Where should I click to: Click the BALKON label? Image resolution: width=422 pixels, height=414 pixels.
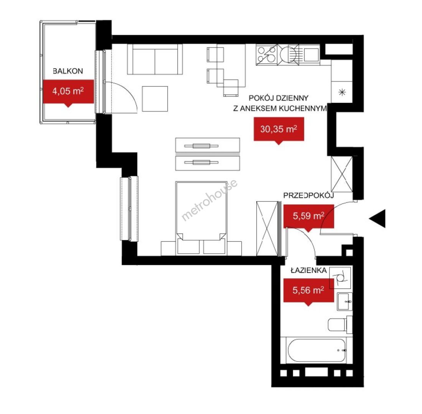68,71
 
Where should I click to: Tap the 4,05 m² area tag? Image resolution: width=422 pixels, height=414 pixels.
68,92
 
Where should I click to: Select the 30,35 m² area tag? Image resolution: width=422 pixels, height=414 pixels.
279,130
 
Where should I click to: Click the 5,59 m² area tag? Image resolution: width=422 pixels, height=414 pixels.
309,216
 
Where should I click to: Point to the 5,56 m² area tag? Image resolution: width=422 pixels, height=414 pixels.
309,291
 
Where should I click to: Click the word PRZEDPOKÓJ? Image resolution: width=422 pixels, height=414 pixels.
309,195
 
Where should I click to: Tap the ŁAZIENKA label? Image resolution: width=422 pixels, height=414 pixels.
309,270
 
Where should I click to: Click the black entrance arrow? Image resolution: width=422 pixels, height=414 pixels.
377,219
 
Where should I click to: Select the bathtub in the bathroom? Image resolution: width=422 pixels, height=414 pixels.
316,350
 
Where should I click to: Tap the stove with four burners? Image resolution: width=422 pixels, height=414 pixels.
267,55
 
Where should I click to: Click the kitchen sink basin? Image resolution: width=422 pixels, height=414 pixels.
312,54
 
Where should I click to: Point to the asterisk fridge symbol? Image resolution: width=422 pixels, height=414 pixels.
342,92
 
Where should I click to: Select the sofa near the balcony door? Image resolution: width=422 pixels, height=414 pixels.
155,59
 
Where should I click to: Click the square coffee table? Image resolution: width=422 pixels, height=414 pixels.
155,99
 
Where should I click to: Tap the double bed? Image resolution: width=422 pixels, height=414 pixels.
201,218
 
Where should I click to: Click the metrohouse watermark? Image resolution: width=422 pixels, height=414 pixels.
209,200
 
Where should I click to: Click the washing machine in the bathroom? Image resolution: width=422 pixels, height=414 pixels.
340,278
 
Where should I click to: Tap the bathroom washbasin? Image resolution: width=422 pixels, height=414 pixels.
345,302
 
